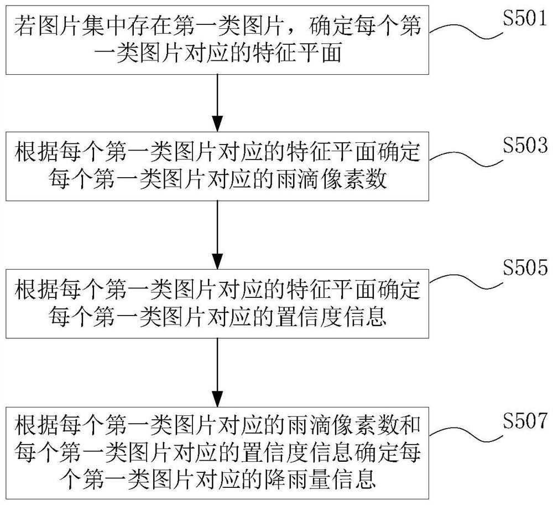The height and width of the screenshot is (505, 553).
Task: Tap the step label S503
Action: point(525,145)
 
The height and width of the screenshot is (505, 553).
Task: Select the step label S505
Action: point(525,267)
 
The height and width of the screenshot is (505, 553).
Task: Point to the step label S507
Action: point(525,420)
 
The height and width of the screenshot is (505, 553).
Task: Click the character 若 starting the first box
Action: point(25,25)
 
